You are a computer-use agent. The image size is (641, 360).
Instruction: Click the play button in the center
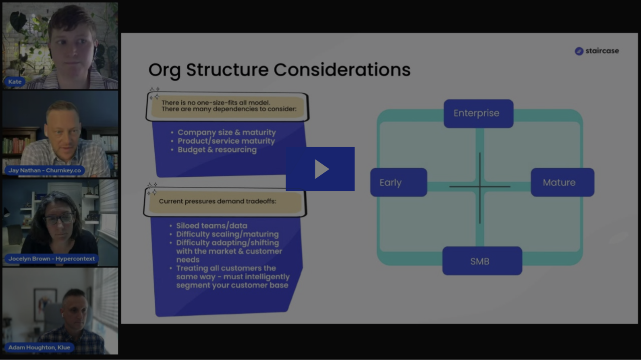[x=320, y=169]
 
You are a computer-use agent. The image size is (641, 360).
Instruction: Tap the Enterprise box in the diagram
[x=478, y=113]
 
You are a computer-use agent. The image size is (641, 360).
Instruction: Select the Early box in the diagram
[x=398, y=182]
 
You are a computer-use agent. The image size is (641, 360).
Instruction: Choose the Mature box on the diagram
[x=562, y=182]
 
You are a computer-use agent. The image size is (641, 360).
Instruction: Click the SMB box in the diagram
[x=482, y=261]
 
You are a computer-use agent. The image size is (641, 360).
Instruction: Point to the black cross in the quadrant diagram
[x=480, y=187]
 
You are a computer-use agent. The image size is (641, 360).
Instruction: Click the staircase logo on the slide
[x=596, y=51]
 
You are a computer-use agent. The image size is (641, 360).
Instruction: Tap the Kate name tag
[x=15, y=82]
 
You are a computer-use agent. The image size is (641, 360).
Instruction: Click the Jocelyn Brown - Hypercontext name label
[x=51, y=259]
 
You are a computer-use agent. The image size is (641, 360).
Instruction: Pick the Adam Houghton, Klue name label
[x=39, y=347]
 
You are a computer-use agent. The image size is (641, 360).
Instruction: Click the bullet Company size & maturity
[x=226, y=133]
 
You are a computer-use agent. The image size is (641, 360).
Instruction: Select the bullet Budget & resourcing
[x=217, y=150]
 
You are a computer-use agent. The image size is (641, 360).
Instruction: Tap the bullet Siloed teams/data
[x=211, y=226]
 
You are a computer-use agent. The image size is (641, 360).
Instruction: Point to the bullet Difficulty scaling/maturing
[x=227, y=234]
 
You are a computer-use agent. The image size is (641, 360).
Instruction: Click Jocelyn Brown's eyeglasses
[x=59, y=219]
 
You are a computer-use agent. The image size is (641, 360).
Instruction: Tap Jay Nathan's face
[x=63, y=132]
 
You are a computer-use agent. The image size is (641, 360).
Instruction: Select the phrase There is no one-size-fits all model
[x=215, y=103]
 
